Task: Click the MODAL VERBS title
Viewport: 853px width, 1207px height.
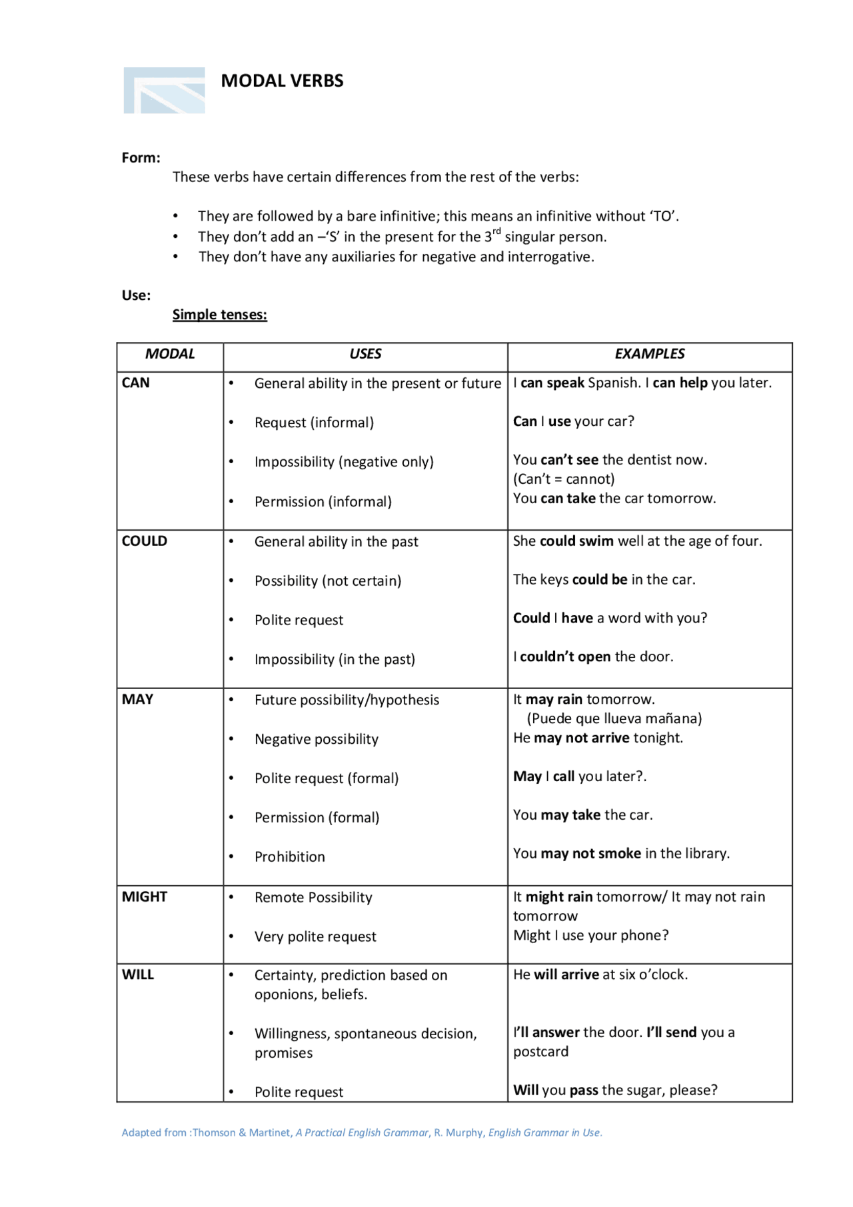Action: coord(282,81)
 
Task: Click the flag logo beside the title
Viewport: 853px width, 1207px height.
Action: coord(164,91)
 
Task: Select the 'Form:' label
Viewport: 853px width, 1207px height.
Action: coord(141,158)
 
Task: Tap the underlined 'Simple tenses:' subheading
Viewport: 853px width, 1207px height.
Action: coord(219,315)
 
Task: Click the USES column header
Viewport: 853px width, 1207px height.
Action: coord(365,354)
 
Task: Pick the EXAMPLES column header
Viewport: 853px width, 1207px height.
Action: coord(649,354)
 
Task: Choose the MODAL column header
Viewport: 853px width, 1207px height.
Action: coord(170,354)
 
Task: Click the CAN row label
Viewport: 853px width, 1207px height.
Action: coord(135,383)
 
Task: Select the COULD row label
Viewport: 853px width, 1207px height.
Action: coord(144,541)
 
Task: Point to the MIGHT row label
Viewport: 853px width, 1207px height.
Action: coord(144,897)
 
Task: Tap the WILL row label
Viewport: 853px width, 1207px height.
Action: coord(137,975)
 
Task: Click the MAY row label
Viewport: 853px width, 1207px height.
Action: coord(137,700)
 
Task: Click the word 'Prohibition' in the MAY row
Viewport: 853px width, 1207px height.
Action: coord(289,857)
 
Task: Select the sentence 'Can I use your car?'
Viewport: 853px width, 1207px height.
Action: coord(573,422)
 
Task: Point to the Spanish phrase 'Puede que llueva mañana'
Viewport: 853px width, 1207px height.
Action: coord(614,718)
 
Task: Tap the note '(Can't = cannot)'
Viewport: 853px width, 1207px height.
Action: coord(564,479)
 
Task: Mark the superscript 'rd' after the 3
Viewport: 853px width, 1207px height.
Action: coord(496,231)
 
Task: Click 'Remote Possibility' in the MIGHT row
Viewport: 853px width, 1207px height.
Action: coord(313,898)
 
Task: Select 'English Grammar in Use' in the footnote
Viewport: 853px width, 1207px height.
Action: coord(544,1132)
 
